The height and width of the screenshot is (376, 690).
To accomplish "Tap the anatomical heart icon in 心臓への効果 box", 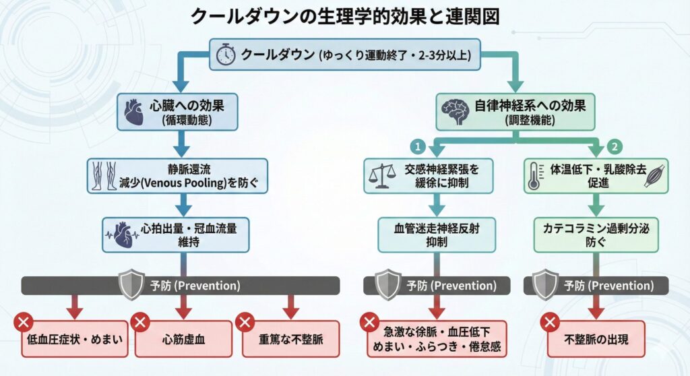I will [131, 111].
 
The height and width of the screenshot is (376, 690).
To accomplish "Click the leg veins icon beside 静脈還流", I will [103, 177].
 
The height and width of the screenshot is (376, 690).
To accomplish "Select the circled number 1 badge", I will [418, 146].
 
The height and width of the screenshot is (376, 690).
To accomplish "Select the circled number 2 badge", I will [614, 146].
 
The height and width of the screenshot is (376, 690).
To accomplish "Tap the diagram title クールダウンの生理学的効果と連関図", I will [345, 16].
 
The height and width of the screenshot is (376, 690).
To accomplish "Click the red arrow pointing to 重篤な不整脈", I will [290, 307].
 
